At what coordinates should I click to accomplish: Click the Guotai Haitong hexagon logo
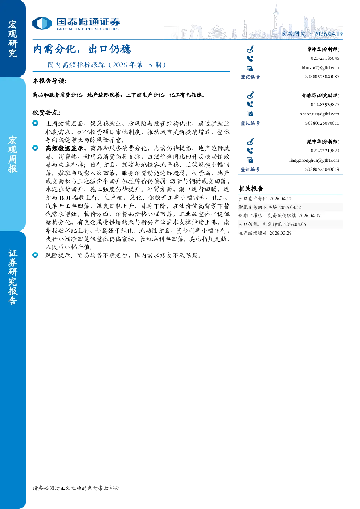tap(42, 24)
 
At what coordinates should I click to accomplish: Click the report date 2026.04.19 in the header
tap(328, 34)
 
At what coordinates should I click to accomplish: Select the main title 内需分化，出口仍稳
tap(82, 49)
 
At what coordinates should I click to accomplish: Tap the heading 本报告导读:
tap(50, 81)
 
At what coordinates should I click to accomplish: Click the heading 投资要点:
tap(46, 112)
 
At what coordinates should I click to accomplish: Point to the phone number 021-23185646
tap(325, 58)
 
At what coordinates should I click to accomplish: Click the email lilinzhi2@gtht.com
tap(320, 68)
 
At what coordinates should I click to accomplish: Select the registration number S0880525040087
tap(322, 77)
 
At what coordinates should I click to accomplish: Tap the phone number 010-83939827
tap(325, 105)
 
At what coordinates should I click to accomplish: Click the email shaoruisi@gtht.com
tap(319, 114)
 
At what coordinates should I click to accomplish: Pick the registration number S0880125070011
tap(322, 123)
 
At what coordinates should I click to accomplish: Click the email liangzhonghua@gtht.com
tap(314, 160)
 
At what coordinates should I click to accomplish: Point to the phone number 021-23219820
tap(325, 151)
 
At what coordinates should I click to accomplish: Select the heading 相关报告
tap(251, 189)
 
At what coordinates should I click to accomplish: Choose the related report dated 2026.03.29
tap(265, 233)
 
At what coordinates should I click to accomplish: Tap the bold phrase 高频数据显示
tap(65, 148)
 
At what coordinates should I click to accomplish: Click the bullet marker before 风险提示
tap(35, 255)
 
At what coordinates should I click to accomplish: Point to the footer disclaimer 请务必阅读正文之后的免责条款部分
tap(76, 488)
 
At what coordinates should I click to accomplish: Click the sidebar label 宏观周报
tap(13, 155)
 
